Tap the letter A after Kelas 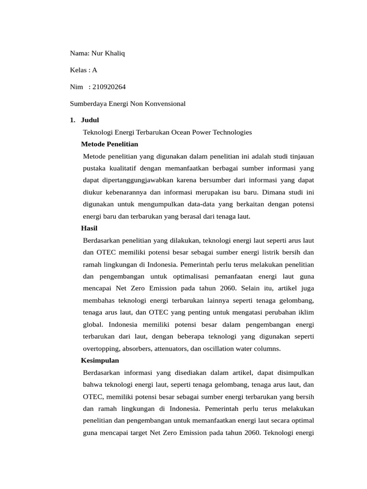coord(95,70)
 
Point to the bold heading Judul coord(90,120)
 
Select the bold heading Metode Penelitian coord(109,144)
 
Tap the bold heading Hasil coord(89,228)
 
